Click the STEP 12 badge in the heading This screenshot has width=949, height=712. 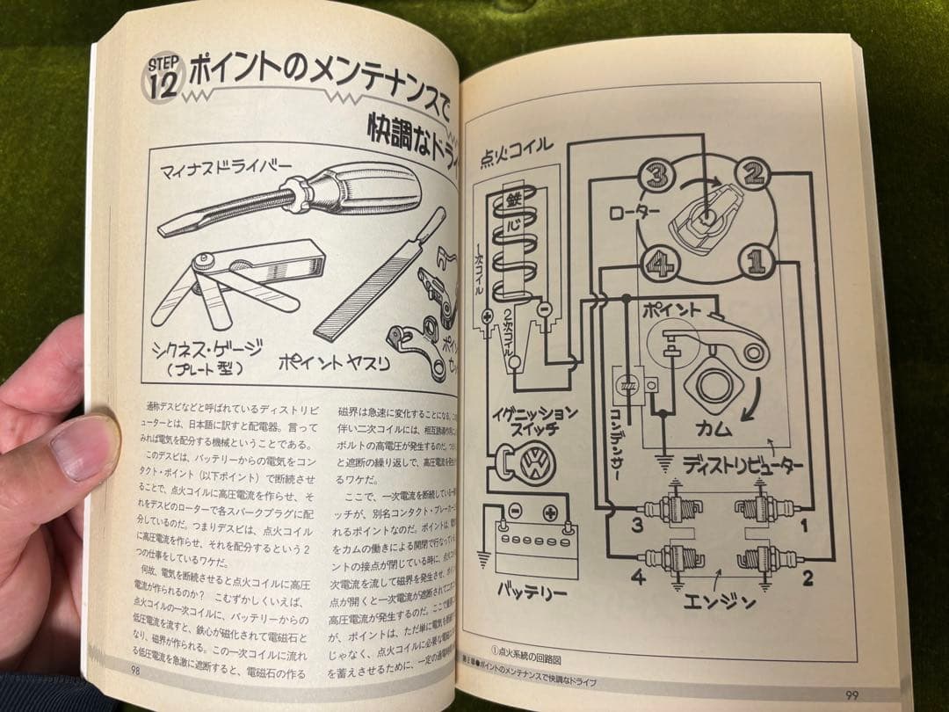click(x=163, y=78)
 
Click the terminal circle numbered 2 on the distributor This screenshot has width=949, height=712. click(x=752, y=173)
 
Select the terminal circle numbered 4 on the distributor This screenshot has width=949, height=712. click(x=658, y=261)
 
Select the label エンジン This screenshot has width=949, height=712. click(x=718, y=602)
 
